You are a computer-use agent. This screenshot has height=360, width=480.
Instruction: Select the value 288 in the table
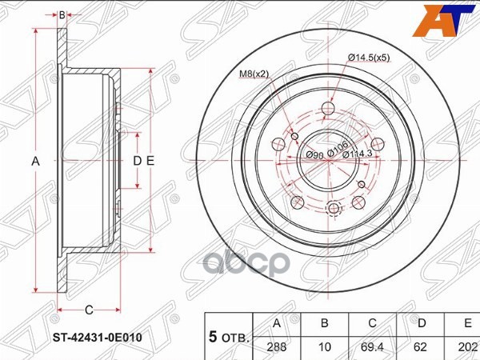point(278,348)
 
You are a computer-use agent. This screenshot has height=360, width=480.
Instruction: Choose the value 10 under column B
point(325,348)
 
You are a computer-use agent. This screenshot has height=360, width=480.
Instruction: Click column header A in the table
point(278,324)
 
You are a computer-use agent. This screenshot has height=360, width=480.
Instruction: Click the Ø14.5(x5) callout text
point(369,57)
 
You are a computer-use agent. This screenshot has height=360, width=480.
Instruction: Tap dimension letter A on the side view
point(34,161)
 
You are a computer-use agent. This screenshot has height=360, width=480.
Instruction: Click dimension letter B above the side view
point(62,14)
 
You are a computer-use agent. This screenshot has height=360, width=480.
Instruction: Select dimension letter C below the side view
point(89,310)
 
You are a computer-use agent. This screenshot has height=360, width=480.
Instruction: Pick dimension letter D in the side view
point(137,161)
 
